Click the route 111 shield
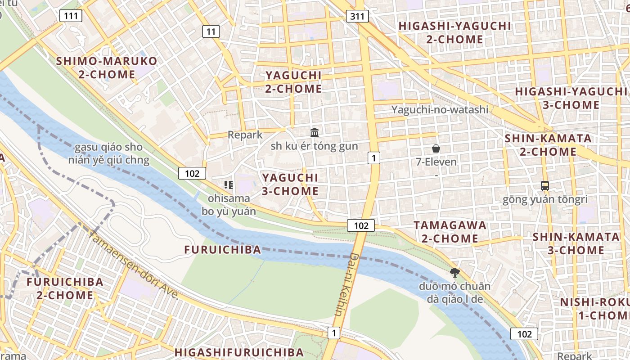click(x=71, y=16)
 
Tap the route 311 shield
click(x=358, y=17)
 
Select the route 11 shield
click(x=211, y=31)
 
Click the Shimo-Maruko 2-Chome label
click(x=107, y=67)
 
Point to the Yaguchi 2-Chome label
click(x=293, y=82)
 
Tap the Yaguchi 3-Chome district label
click(x=290, y=184)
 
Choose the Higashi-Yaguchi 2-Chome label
click(x=454, y=32)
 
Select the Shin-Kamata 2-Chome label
click(x=548, y=145)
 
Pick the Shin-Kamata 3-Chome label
click(x=576, y=243)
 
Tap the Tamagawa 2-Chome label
click(x=450, y=231)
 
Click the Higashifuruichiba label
click(x=239, y=352)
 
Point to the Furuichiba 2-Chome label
click(x=65, y=288)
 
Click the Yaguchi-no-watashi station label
click(x=440, y=109)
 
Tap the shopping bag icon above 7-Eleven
click(x=436, y=148)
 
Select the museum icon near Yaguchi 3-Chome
click(x=315, y=132)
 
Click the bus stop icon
click(x=544, y=185)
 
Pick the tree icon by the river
click(x=454, y=272)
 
